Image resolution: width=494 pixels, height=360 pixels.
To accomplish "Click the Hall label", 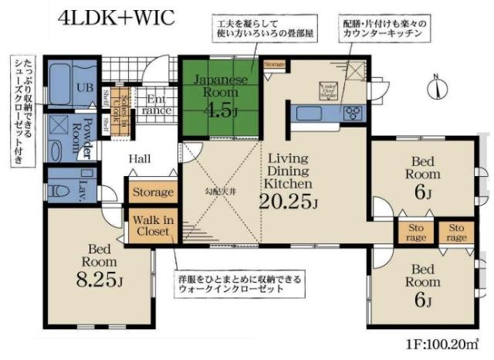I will click(x=139, y=158).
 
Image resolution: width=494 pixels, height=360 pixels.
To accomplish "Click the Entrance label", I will click(x=158, y=104).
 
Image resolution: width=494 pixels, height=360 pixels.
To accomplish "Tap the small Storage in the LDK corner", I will click(x=274, y=65).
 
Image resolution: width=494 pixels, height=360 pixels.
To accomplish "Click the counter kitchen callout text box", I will click(x=384, y=29).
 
